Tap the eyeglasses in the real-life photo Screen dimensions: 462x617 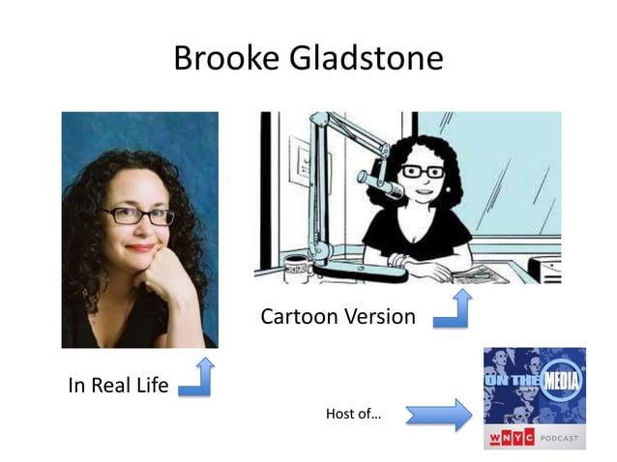pyautogui.click(x=135, y=215)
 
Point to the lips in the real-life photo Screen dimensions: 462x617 pyautogui.click(x=140, y=247)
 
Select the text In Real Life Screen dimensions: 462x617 pyautogui.click(x=117, y=386)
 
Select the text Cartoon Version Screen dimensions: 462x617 pyautogui.click(x=338, y=316)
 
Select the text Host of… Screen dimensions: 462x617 pyautogui.click(x=353, y=415)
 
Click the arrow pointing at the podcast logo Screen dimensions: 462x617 pyautogui.click(x=437, y=415)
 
